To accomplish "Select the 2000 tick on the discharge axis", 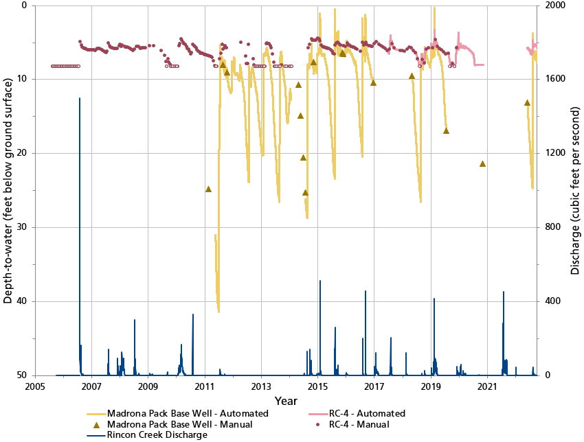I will (x=554, y=5).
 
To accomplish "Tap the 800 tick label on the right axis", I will (x=552, y=227).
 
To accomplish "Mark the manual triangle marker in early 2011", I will (x=208, y=189).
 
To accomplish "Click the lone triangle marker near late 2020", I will (x=482, y=163).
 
